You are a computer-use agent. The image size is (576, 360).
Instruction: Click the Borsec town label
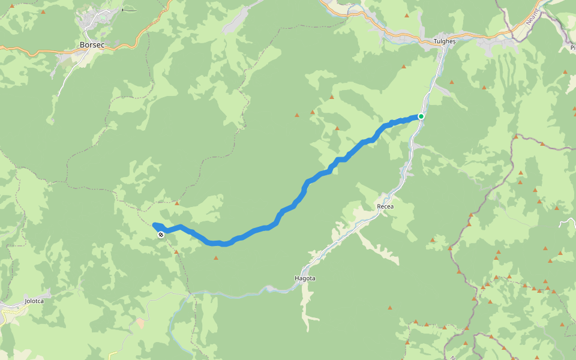92,44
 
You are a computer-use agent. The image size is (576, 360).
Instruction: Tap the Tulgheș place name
445,42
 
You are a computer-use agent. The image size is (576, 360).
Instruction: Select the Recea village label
385,206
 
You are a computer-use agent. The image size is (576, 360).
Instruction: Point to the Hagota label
305,278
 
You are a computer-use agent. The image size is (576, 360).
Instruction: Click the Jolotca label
34,301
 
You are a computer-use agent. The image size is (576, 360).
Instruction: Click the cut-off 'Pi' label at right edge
572,47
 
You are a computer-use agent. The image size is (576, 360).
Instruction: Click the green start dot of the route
421,116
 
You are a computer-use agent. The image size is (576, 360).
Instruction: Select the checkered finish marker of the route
161,235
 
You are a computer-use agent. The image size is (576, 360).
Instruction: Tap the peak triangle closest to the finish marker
176,252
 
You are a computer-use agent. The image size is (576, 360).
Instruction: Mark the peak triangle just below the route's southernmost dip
215,258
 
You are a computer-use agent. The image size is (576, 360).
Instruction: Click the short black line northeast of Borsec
129,10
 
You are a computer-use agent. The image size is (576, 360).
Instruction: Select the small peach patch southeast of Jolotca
140,322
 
